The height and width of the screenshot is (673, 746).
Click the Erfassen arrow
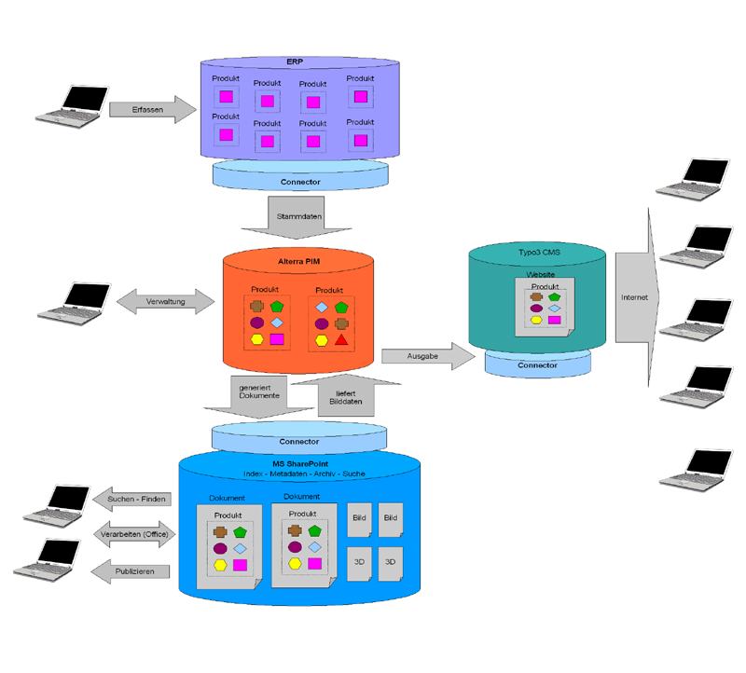(149, 110)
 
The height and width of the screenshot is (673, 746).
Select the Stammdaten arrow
(296, 217)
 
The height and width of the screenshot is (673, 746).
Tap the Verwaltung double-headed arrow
(165, 302)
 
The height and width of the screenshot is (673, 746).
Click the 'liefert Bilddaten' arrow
(338, 395)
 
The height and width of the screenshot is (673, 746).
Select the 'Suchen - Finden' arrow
(134, 500)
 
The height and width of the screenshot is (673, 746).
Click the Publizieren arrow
(134, 570)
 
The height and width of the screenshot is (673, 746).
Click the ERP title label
(295, 62)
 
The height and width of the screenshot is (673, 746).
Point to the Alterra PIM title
(298, 262)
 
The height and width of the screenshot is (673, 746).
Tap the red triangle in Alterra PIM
(341, 339)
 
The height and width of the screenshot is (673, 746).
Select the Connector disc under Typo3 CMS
(537, 364)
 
